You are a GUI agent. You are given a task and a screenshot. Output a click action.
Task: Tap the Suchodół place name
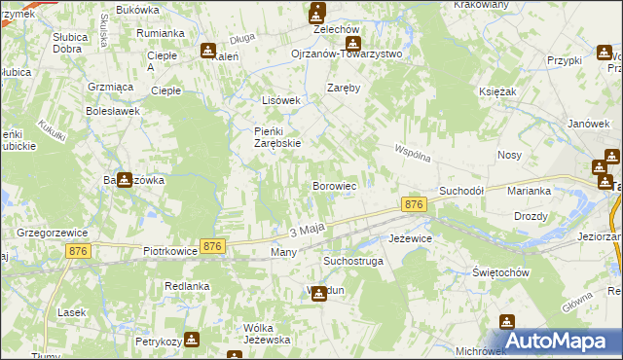(x=462, y=191)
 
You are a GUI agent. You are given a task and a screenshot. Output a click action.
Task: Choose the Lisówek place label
(x=282, y=100)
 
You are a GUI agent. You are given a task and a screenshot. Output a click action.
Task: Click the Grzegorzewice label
(x=54, y=234)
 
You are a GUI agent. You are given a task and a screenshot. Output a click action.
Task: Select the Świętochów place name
(x=499, y=272)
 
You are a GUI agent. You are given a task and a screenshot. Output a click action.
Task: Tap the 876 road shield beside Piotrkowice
(x=212, y=247)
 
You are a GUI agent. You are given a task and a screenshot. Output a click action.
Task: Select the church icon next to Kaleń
(x=207, y=52)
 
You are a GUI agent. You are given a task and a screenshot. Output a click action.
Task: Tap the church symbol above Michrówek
(x=506, y=322)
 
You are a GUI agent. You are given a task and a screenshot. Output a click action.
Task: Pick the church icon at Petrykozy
(x=191, y=340)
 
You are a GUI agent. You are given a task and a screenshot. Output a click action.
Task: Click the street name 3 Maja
(x=307, y=231)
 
